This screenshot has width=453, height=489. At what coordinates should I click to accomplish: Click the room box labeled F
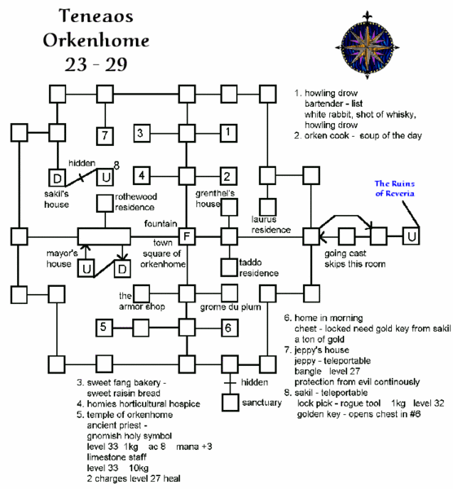point(187,236)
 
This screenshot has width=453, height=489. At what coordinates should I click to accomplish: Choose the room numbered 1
point(229,132)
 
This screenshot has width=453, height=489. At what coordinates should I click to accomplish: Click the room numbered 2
point(229,174)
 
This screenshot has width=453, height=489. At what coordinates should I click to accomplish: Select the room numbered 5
point(103,328)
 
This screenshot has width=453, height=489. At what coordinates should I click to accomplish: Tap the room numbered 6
point(229,328)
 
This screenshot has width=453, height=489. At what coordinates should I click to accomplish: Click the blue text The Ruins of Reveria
point(396,188)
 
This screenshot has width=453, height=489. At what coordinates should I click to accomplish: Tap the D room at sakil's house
point(58,177)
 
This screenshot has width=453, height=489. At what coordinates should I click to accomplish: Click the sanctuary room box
point(229,403)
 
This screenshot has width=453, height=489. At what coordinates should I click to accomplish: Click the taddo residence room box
point(229,267)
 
